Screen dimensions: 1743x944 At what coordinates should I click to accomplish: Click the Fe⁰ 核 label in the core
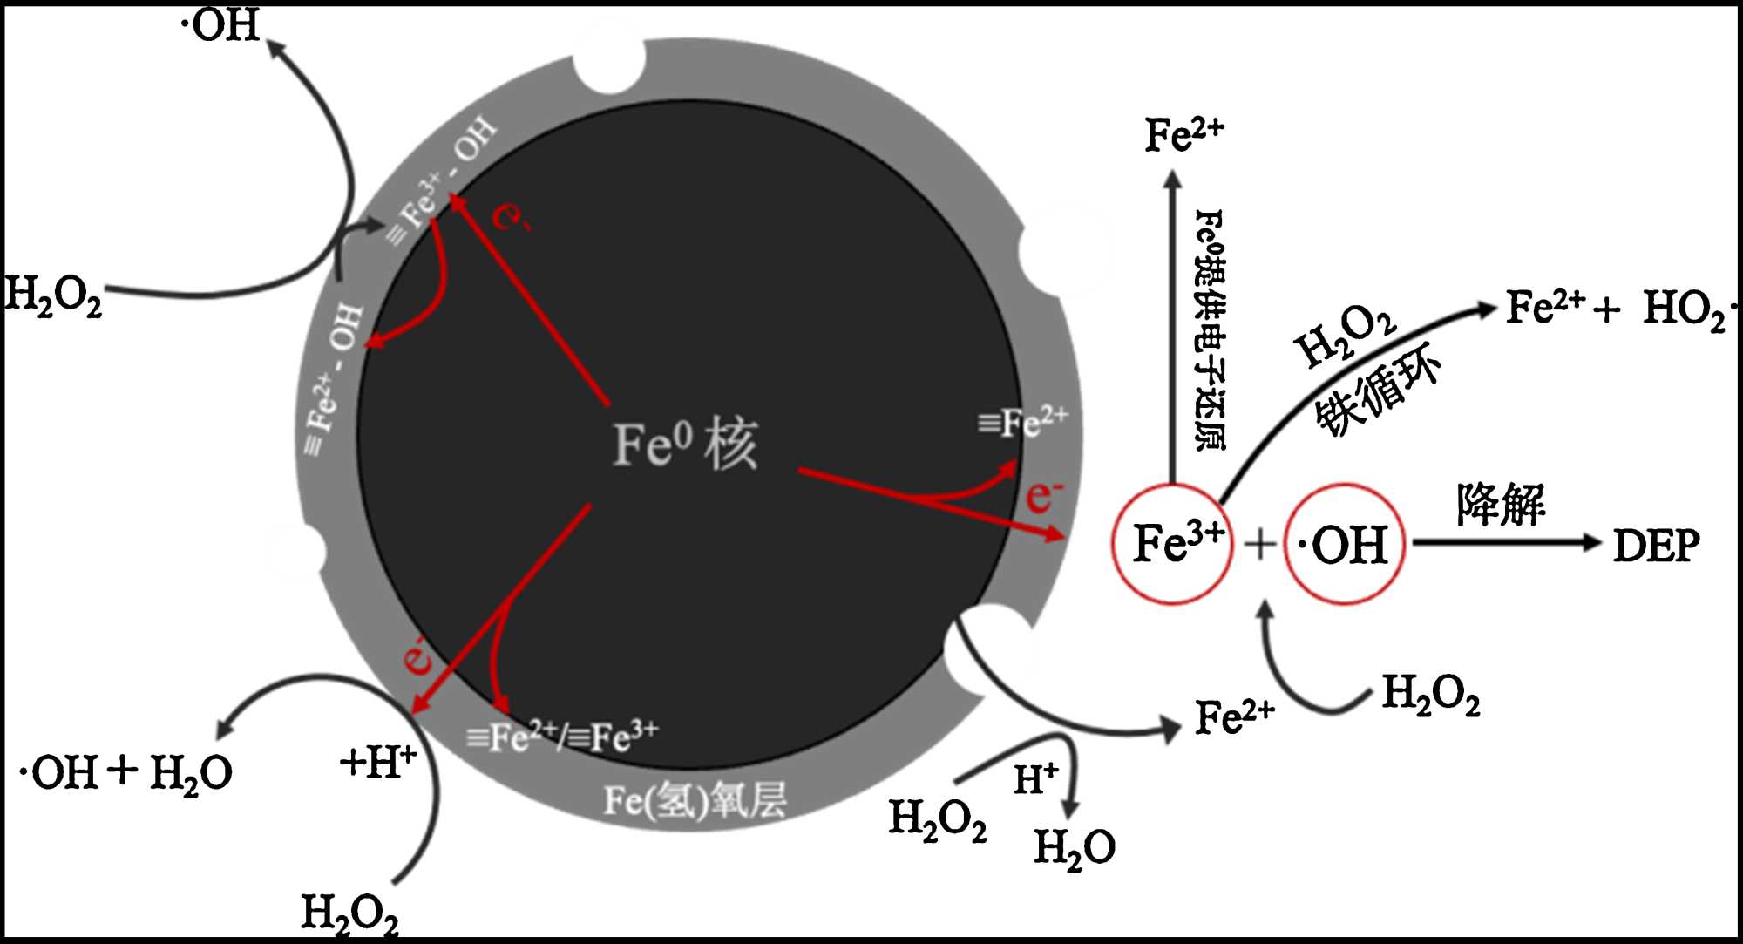(x=685, y=445)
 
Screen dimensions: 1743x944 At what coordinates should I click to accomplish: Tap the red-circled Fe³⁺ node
(x=1172, y=543)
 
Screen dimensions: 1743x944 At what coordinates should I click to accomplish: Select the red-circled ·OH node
(x=1344, y=544)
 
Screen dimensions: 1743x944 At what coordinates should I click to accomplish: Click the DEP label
(x=1656, y=547)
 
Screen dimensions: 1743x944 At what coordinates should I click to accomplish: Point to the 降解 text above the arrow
(x=1500, y=505)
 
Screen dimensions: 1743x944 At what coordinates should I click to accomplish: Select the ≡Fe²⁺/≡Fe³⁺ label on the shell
(x=562, y=737)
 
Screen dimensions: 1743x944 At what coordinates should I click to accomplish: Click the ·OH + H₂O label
(x=126, y=772)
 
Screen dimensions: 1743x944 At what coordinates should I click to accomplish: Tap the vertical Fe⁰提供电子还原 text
(x=1209, y=329)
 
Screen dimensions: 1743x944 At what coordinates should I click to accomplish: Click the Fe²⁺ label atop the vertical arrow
(x=1183, y=134)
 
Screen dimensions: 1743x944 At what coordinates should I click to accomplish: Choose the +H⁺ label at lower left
(x=377, y=763)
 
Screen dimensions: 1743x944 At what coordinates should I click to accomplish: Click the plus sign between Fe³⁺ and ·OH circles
(x=1259, y=545)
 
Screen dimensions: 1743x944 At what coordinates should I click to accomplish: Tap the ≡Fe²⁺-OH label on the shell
(x=332, y=379)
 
